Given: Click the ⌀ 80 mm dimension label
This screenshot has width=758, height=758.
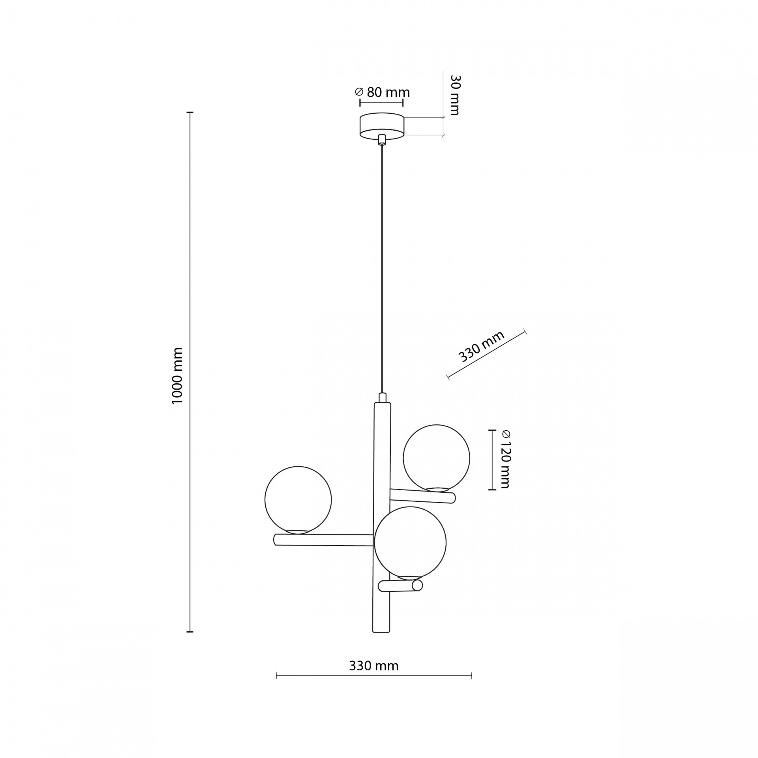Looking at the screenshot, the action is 382,92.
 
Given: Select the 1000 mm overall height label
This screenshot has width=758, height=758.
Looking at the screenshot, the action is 178,375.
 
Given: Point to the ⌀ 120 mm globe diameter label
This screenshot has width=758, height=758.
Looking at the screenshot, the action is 505,460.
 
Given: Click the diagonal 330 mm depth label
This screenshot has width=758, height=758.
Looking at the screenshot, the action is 481,347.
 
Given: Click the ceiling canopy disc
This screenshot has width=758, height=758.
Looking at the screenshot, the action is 381,126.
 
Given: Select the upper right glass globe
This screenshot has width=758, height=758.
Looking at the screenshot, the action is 436,458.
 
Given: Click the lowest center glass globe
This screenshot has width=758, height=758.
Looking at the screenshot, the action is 410,543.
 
